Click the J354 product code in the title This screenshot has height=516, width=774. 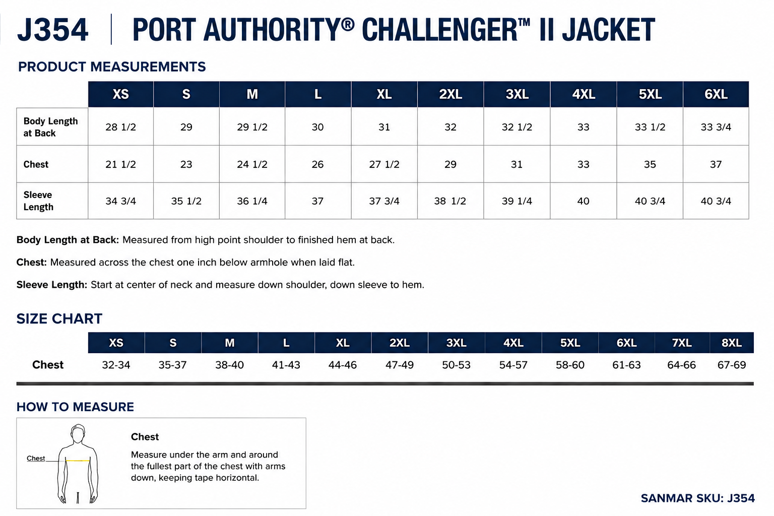click(x=52, y=30)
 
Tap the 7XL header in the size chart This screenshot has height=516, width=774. click(x=682, y=343)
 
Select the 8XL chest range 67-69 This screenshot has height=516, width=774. click(x=732, y=365)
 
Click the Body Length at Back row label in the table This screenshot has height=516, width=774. click(x=50, y=127)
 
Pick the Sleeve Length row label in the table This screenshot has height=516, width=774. click(x=38, y=201)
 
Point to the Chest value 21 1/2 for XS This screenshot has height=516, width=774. click(x=120, y=164)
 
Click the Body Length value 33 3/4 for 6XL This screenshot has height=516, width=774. click(x=716, y=127)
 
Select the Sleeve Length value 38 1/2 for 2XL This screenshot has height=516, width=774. click(x=450, y=201)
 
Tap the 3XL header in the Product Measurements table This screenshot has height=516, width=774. click(x=517, y=94)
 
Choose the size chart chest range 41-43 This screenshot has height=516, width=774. click(x=286, y=365)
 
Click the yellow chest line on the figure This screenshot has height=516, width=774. click(x=78, y=461)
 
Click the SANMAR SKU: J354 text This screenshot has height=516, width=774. click(x=697, y=498)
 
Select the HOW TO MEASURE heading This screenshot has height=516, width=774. click(x=75, y=407)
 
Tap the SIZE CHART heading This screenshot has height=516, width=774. click(x=59, y=318)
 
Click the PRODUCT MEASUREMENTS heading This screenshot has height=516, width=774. click(x=111, y=67)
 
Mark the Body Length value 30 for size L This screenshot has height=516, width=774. click(x=317, y=127)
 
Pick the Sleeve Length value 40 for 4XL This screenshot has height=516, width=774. click(x=583, y=201)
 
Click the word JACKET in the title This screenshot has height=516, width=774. click(x=609, y=30)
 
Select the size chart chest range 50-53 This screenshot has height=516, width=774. click(x=456, y=365)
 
